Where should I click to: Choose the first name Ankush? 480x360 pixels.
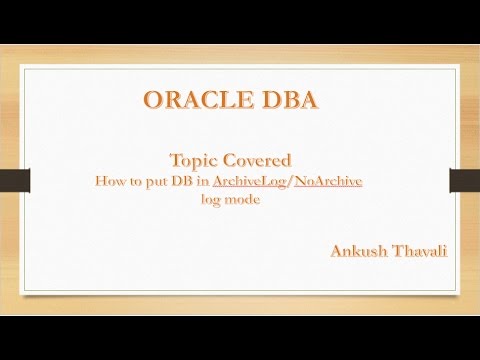tap(358, 250)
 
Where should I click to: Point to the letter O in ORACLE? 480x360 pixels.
tap(153, 101)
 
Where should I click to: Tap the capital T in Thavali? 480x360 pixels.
tap(395, 250)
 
